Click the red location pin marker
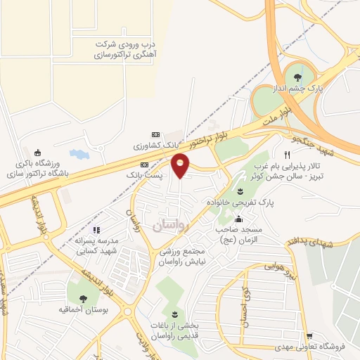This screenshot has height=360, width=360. [x=181, y=165]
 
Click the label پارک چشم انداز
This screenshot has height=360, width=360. [x=298, y=89]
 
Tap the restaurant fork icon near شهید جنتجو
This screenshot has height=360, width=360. [x=287, y=155]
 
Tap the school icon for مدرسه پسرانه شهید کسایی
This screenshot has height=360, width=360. [x=98, y=229]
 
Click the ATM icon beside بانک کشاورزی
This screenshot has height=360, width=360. [x=155, y=135]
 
